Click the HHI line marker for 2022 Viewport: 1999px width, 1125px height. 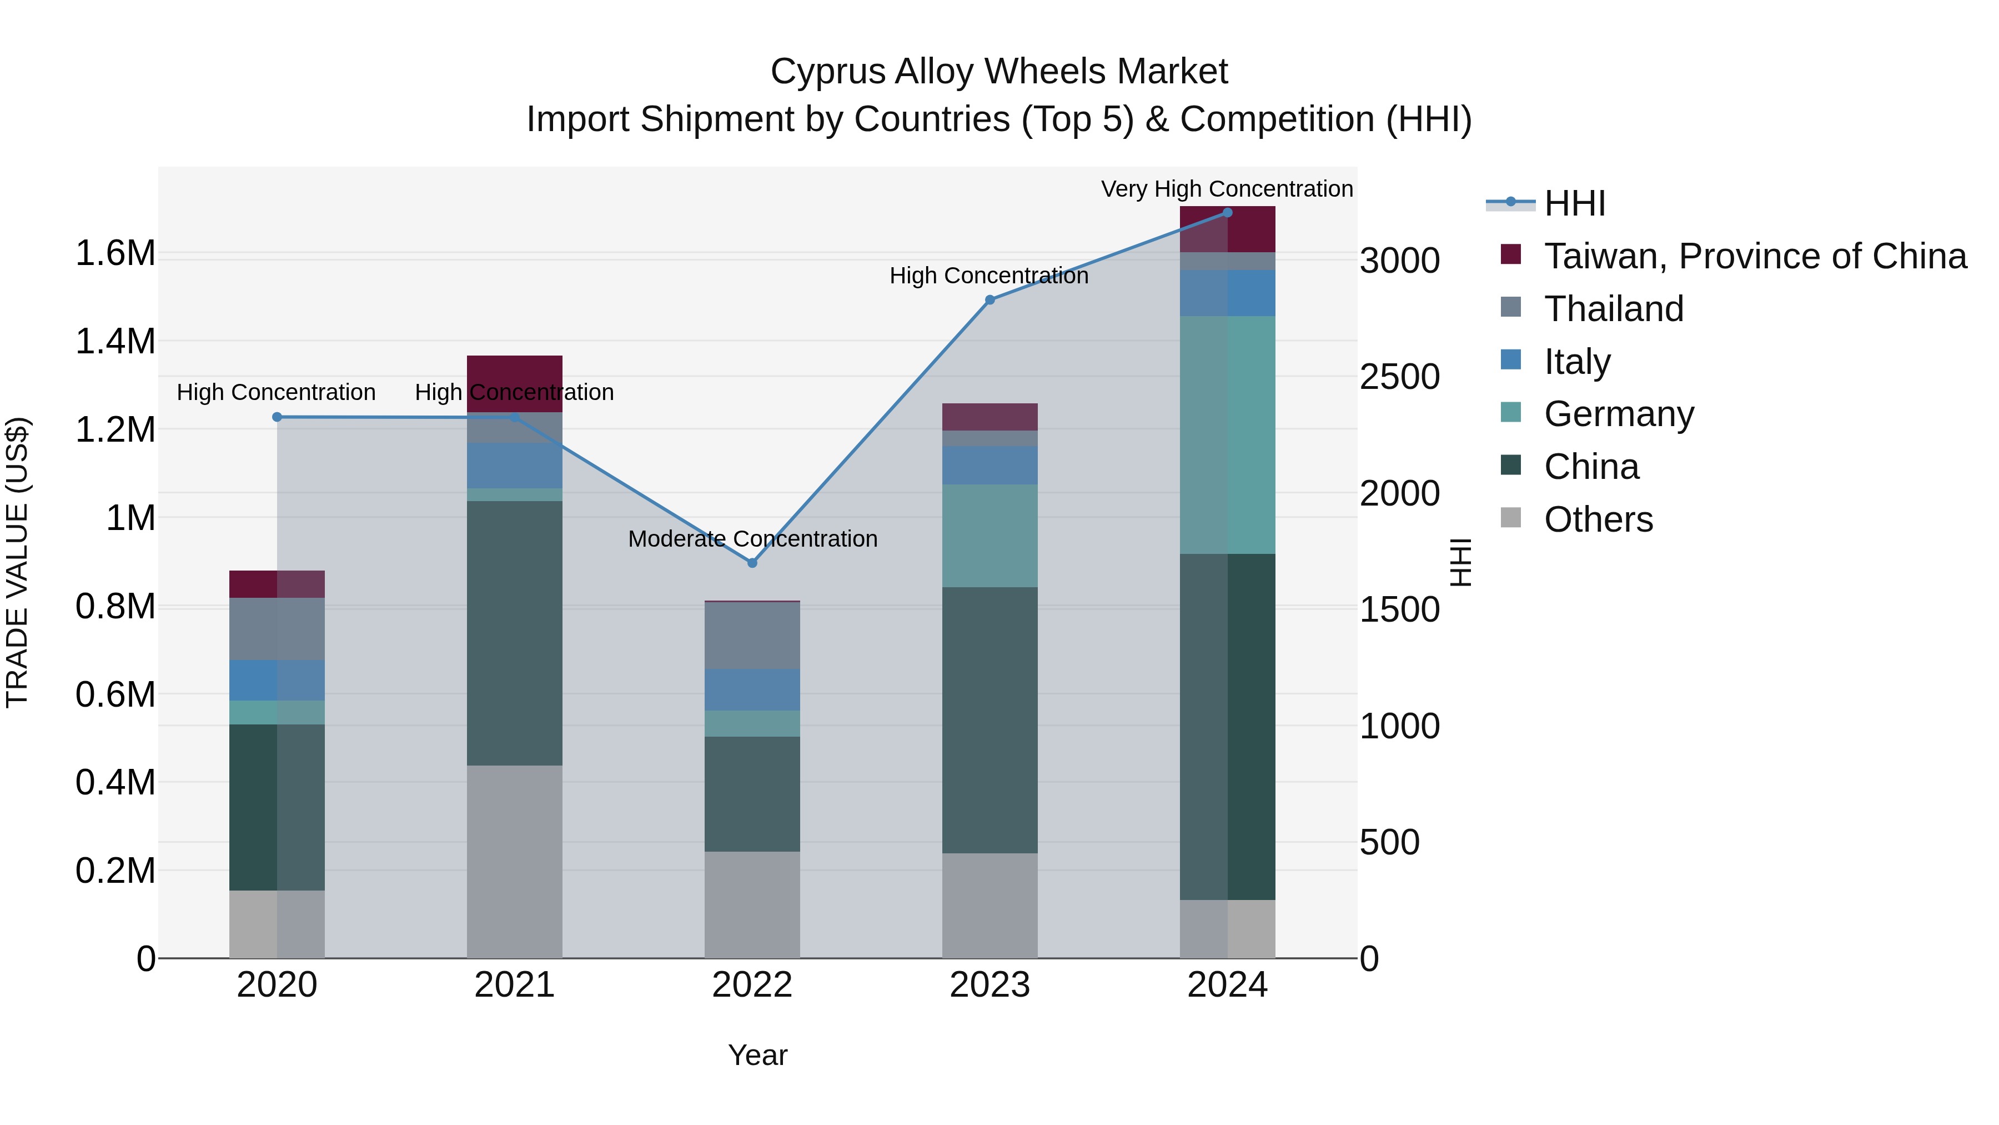point(751,563)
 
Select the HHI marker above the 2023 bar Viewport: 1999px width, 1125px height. point(990,299)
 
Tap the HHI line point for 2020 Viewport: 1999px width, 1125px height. point(277,417)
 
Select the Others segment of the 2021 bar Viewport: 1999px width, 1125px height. point(515,862)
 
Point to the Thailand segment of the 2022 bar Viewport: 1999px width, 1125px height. point(751,635)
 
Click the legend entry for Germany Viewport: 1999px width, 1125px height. point(1618,414)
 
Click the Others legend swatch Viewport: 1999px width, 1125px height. point(1510,518)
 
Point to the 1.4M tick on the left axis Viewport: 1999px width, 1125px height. point(115,342)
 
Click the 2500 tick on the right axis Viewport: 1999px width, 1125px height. point(1399,377)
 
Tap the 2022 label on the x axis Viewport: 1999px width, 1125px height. point(751,985)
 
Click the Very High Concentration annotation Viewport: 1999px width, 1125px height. point(1226,189)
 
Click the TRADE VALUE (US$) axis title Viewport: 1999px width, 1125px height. point(17,562)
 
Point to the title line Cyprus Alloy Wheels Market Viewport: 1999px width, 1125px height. point(999,72)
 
